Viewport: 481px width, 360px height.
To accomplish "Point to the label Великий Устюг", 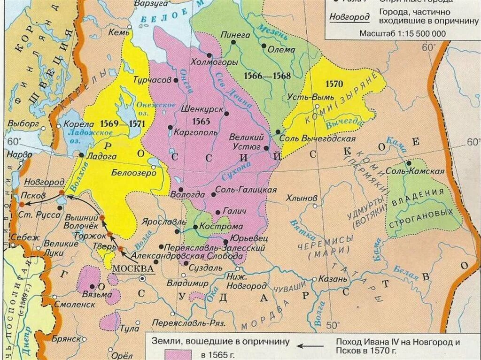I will [244, 142].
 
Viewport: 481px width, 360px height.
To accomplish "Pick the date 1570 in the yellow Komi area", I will [334, 84].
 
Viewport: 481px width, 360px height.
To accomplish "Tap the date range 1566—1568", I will [267, 76].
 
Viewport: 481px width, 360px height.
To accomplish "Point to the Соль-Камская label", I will [421, 171].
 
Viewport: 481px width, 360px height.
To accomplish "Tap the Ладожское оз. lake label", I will [73, 137].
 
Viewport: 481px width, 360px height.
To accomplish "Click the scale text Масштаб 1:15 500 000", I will [403, 33].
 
